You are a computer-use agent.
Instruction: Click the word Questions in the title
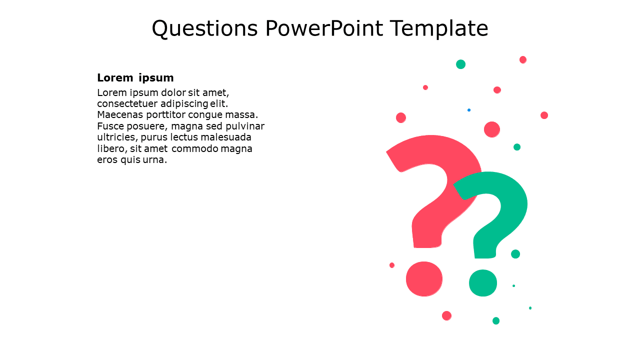click(x=204, y=28)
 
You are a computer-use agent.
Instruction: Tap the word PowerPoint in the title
click(x=324, y=28)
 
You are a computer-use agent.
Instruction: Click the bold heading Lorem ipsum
click(x=135, y=77)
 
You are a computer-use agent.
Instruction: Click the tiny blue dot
click(x=469, y=110)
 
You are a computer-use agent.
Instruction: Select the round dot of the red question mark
click(x=424, y=279)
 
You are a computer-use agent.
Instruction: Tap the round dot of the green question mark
click(x=483, y=283)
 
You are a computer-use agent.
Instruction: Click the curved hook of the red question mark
click(x=440, y=150)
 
